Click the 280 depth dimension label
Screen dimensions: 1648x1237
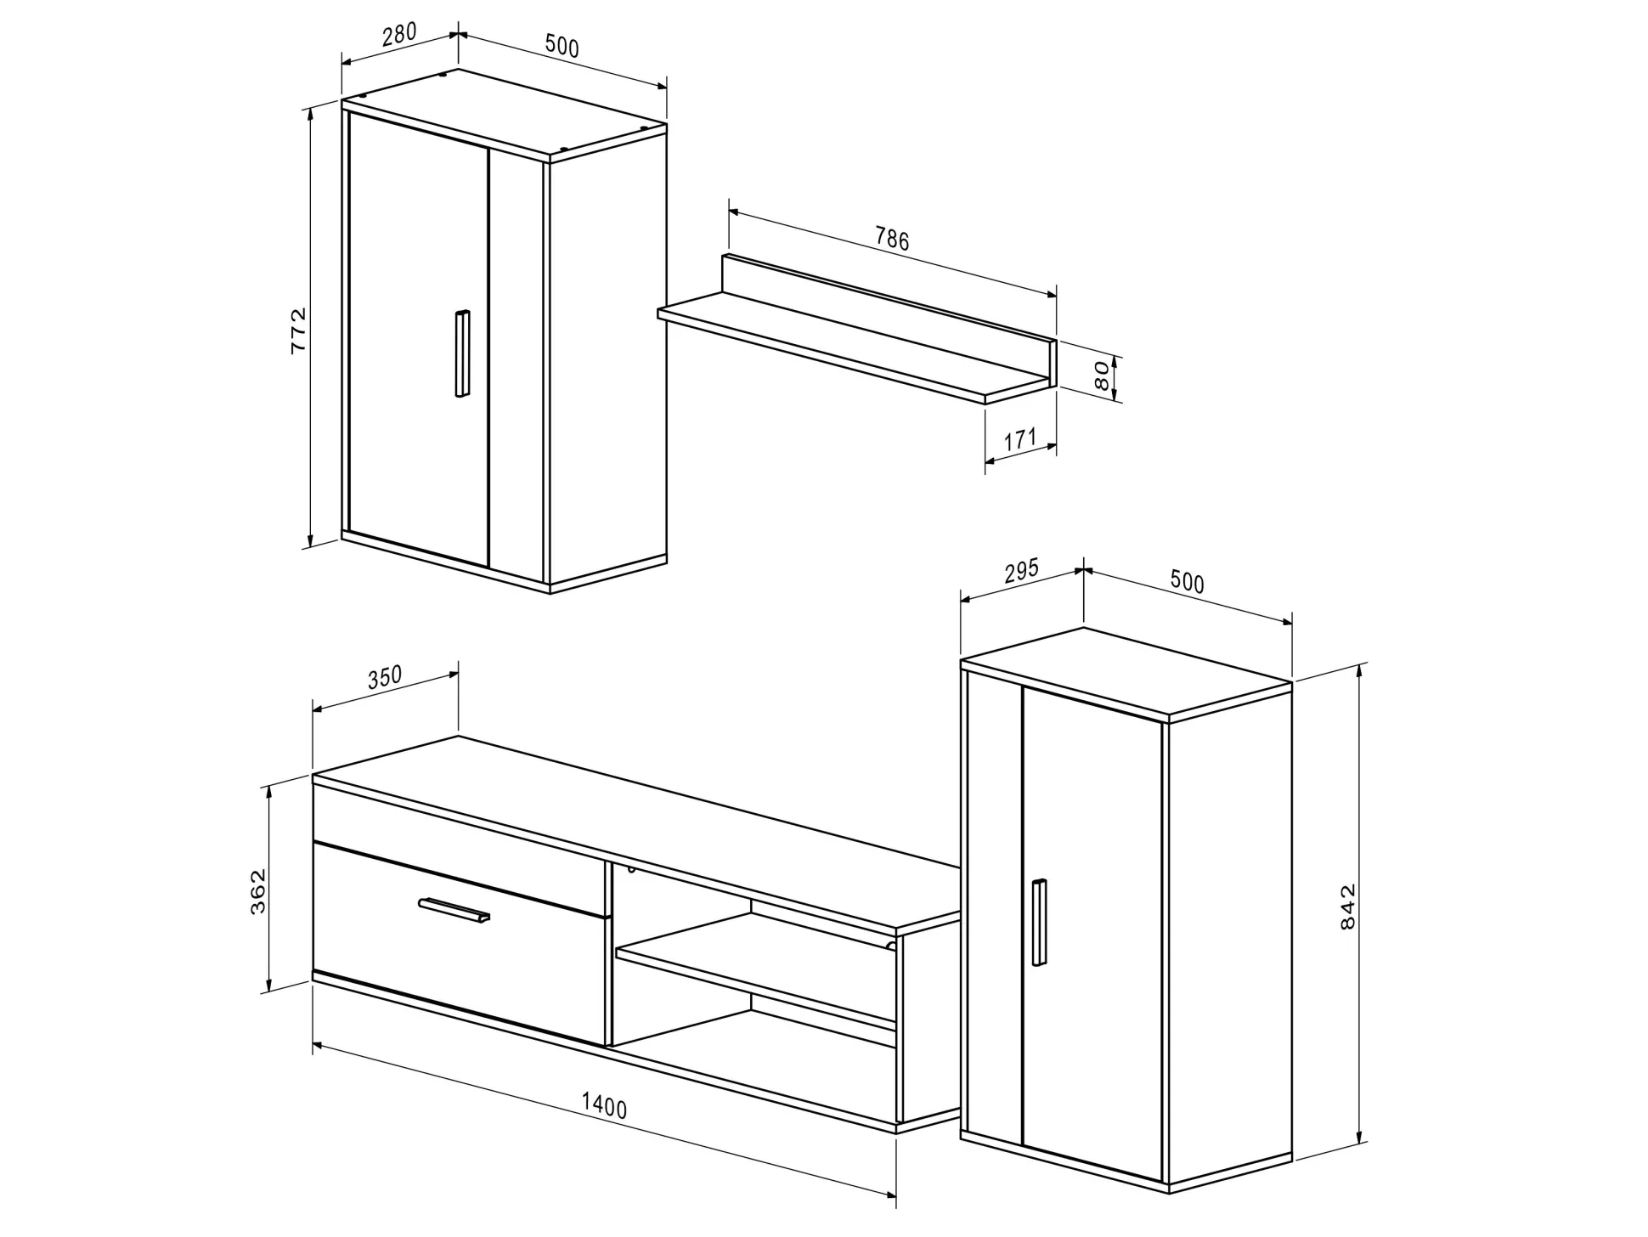[399, 33]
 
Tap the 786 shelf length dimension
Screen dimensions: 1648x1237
[892, 240]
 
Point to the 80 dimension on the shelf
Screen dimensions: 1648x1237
[1101, 375]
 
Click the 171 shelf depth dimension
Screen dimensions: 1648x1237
[1020, 439]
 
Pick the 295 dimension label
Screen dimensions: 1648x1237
[1021, 570]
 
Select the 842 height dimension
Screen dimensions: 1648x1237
[1347, 907]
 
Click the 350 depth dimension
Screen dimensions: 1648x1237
[384, 678]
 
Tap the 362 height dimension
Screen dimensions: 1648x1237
[258, 890]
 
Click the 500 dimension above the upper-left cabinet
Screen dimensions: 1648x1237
[562, 46]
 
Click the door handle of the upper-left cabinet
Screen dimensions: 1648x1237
[461, 353]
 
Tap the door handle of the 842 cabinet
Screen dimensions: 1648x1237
[1039, 922]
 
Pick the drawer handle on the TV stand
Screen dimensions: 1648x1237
[454, 909]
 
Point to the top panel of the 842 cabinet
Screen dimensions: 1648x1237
[1126, 670]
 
